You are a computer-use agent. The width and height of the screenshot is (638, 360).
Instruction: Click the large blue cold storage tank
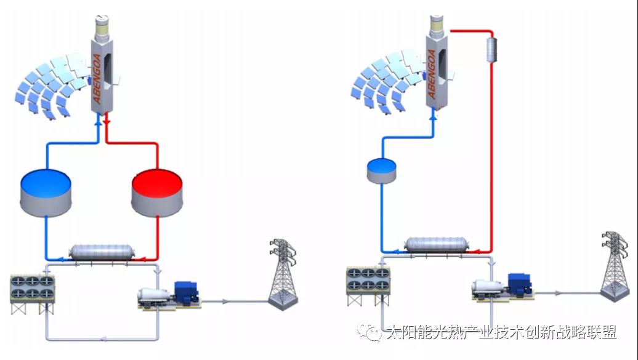point(46,193)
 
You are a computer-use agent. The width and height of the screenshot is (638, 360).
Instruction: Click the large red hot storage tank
point(157,193)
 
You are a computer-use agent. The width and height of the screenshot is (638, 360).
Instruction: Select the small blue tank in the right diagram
point(381,170)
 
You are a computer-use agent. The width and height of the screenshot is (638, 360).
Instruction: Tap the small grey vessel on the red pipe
point(492,49)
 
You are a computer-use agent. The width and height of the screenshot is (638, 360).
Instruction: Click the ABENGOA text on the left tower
point(97,79)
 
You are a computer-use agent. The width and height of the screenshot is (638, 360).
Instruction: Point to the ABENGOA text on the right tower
point(432,74)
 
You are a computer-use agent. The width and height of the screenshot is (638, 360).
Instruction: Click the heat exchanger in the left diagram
point(102,252)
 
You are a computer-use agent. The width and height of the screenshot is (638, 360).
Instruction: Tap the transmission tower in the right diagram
point(615,267)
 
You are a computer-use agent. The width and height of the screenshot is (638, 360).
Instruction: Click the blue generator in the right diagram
point(520,284)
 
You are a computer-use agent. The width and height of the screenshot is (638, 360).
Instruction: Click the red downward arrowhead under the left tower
point(107,122)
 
